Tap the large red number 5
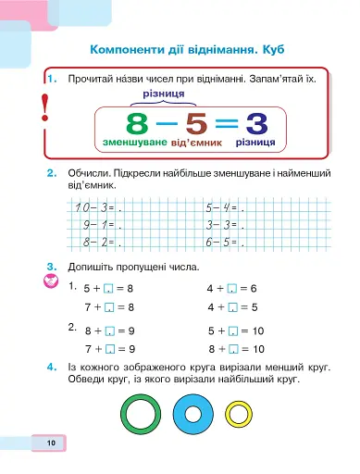tap(195, 125)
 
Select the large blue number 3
tap(256, 125)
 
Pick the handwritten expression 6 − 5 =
tap(221, 243)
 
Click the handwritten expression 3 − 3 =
tap(221, 225)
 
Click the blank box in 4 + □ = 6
tap(231, 290)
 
